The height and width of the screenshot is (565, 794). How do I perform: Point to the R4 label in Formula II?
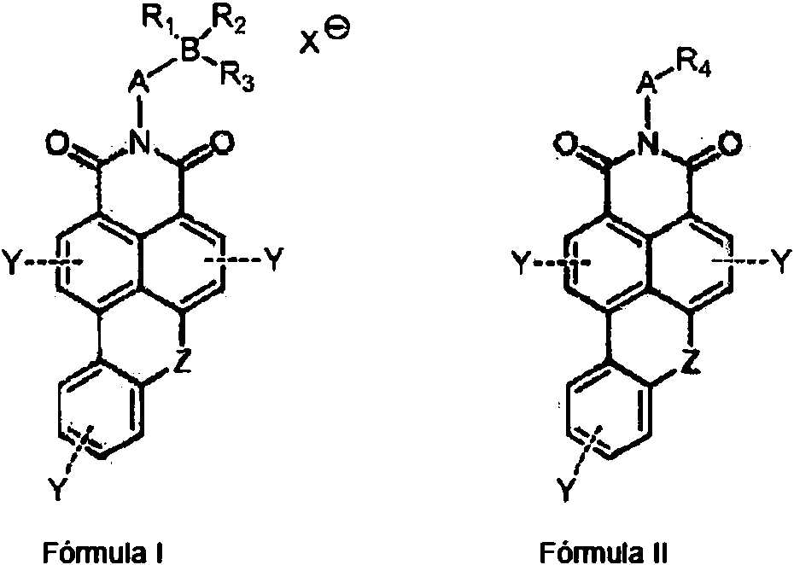693,65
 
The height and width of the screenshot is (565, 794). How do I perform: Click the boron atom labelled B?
191,50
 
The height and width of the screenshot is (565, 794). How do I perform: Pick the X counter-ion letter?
310,42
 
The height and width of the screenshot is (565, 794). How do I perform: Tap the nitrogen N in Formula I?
140,142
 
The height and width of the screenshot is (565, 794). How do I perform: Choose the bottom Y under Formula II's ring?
567,488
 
